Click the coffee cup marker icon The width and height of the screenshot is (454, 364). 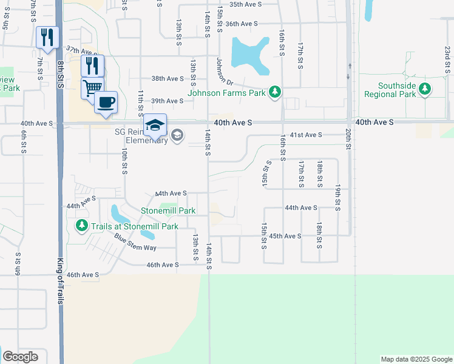click(106, 101)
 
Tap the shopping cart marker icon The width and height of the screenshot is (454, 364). click(92, 87)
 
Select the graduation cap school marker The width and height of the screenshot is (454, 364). click(155, 124)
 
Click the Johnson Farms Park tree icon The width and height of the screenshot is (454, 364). click(276, 92)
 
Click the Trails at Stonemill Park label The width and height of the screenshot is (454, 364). click(135, 226)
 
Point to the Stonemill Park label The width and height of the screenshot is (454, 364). click(168, 211)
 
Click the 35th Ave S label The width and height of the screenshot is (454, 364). click(245, 4)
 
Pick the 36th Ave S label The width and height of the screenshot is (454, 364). click(242, 24)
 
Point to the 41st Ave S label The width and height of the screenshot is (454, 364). click(306, 135)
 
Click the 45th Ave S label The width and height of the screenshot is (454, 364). click(285, 235)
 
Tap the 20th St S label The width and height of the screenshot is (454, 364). click(348, 140)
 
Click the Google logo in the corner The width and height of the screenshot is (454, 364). click(20, 357)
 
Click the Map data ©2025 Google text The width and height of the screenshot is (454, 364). click(416, 359)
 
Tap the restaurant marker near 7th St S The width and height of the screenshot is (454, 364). click(46, 36)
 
